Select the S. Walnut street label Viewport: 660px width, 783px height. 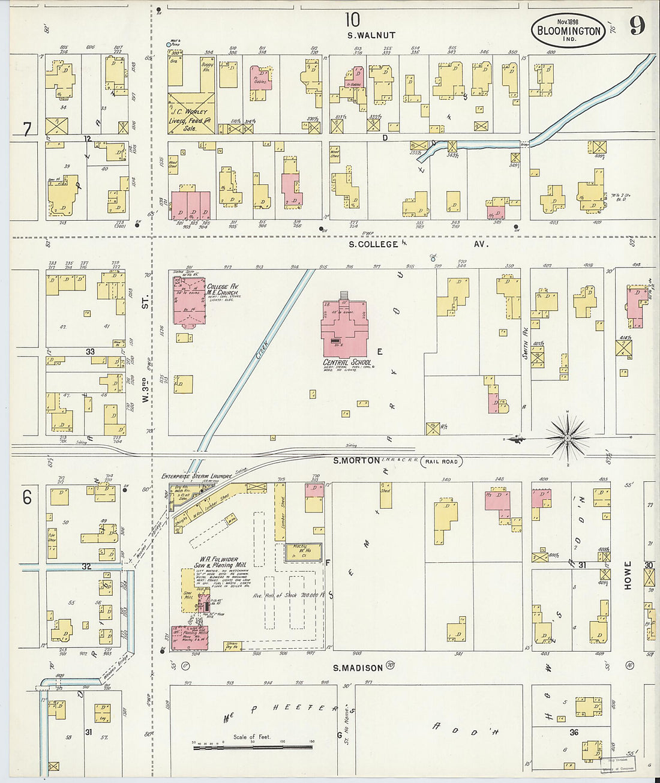[371, 35]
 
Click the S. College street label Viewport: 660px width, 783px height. [374, 244]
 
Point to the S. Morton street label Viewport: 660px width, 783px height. [356, 460]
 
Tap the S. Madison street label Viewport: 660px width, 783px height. [358, 668]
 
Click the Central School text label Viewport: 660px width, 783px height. [347, 363]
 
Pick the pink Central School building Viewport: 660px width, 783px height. [344, 327]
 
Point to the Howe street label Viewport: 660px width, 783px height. [628, 575]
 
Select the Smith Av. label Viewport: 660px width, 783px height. [525, 347]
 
